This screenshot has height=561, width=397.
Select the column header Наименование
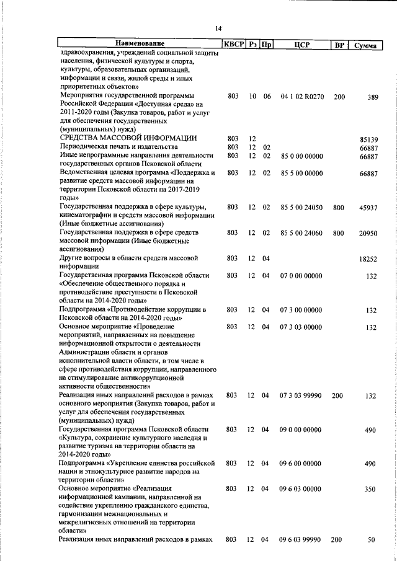pyautogui.click(x=140, y=44)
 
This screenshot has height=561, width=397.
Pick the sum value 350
pyautogui.click(x=371, y=489)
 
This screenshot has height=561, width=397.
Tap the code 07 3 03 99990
pyautogui.click(x=301, y=395)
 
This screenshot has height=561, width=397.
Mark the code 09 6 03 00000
pyautogui.click(x=301, y=489)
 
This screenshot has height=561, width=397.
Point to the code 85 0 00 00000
pyautogui.click(x=301, y=156)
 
